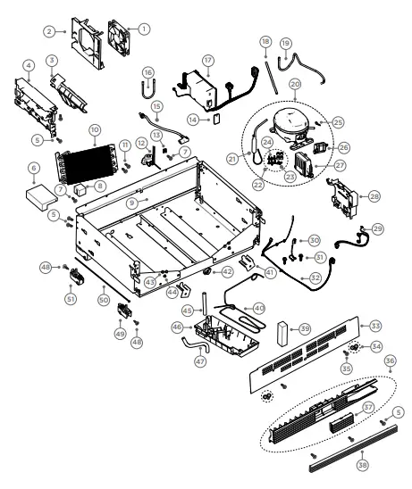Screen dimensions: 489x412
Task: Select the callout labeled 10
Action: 95,130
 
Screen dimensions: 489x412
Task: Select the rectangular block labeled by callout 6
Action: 42,193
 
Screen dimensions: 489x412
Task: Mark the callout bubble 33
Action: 375,325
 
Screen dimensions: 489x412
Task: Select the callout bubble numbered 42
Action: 228,270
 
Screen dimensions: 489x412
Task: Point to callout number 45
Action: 188,311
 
